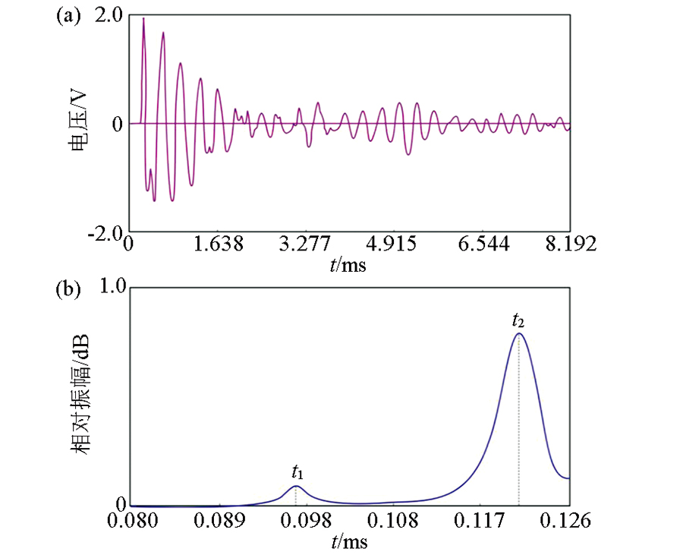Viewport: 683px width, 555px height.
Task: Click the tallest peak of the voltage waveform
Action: tap(143, 18)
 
